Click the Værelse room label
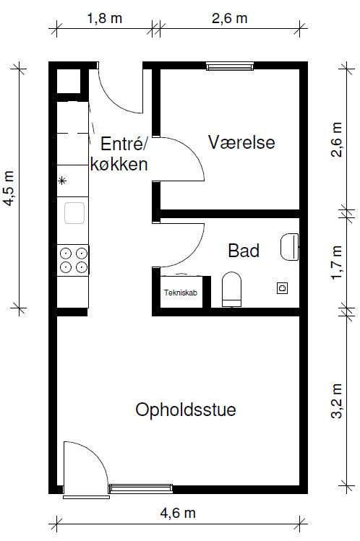coord(241,142)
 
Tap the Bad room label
coord(244,251)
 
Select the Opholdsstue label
coord(186,410)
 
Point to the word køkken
coord(119,164)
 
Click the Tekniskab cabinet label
coord(181,293)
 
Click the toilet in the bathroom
coord(231,289)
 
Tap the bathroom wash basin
coord(289,247)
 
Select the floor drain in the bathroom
coord(283,287)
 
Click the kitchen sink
coord(74,213)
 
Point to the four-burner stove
coord(73,260)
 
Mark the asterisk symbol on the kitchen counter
coord(62,181)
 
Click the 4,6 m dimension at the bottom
coord(178,513)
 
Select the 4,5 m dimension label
coord(9,188)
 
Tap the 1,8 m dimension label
coord(104,18)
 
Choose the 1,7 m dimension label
coord(337,262)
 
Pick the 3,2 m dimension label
coord(337,401)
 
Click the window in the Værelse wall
coord(230,66)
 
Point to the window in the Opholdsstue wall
coord(140,488)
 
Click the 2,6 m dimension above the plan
coord(230,18)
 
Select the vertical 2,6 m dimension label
coord(337,139)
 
